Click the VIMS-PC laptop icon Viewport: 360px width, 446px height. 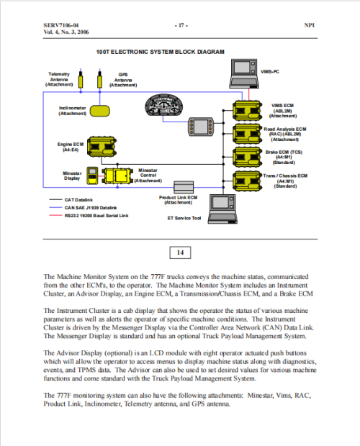click(244, 73)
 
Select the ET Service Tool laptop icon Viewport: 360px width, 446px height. click(222, 209)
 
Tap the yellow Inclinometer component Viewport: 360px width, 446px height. click(100, 111)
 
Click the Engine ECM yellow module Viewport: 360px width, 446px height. click(102, 147)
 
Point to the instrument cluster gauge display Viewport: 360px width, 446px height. click(163, 105)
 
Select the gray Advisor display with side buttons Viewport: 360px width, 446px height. click(201, 127)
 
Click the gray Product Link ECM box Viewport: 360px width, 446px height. click(184, 187)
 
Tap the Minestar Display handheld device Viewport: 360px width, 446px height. click(92, 176)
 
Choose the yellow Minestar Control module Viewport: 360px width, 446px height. click(117, 176)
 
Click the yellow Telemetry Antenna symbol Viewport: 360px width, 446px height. click(81, 80)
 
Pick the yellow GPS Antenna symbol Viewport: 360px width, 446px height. click(99, 80)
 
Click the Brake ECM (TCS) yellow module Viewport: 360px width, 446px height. click(247, 158)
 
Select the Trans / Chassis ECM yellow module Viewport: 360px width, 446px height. click(247, 181)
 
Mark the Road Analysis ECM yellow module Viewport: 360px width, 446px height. click(247, 134)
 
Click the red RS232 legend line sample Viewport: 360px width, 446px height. click(55, 215)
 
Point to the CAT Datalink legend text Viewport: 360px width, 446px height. click(78, 200)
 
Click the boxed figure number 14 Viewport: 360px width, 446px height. click(180, 252)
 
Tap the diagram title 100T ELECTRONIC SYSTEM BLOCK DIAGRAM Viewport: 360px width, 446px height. click(161, 52)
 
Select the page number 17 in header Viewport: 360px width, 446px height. click(181, 26)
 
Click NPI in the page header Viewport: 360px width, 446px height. click(310, 25)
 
